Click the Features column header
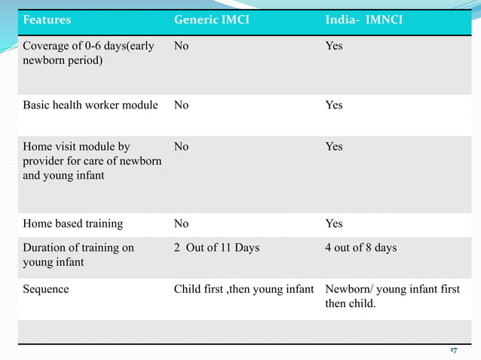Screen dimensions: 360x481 (x=47, y=20)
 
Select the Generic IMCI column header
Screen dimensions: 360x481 (x=211, y=20)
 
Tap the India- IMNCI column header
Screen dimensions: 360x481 (x=363, y=20)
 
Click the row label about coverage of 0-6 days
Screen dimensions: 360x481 (x=88, y=53)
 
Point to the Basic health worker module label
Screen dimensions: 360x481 (x=90, y=105)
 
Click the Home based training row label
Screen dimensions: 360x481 (x=73, y=224)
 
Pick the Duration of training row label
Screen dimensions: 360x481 (x=78, y=255)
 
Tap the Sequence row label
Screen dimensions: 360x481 (x=46, y=289)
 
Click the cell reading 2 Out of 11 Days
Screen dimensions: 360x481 (x=216, y=248)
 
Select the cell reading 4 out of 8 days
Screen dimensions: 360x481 (x=360, y=248)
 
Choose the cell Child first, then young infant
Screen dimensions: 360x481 (x=244, y=289)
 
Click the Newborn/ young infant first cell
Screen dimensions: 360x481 (x=392, y=297)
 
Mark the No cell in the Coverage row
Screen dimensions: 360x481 (x=181, y=46)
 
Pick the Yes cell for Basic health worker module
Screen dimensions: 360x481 (x=333, y=105)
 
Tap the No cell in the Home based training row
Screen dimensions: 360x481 (x=181, y=224)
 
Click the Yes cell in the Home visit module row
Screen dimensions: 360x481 (x=333, y=147)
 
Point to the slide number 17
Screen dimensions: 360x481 (x=454, y=351)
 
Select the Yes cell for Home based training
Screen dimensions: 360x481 (x=333, y=224)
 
